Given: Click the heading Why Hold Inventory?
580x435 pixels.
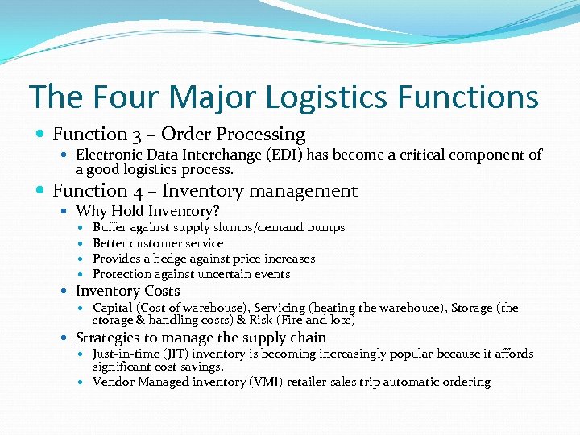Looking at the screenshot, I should pyautogui.click(x=147, y=211).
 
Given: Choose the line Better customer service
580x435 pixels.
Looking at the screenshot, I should pyautogui.click(x=158, y=243).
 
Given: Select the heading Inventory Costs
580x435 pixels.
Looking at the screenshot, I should pyautogui.click(x=127, y=291).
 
